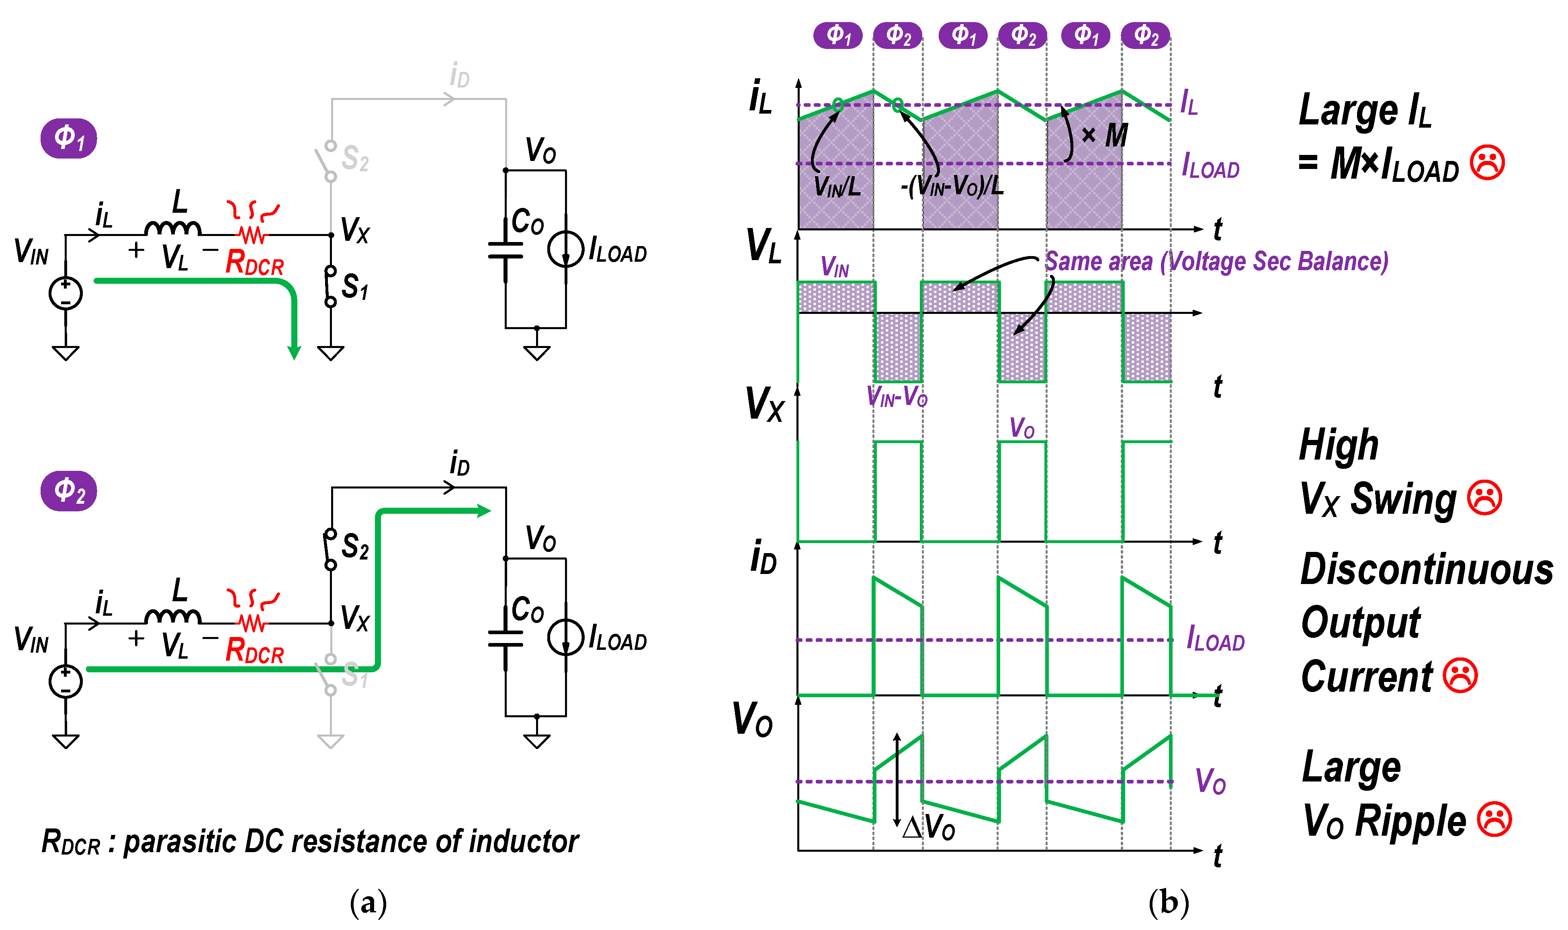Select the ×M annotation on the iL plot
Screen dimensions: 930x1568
pyautogui.click(x=1105, y=135)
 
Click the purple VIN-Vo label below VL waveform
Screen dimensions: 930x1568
pyautogui.click(x=897, y=397)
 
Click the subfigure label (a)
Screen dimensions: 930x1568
pyautogui.click(x=368, y=902)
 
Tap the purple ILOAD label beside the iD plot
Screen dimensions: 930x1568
pyautogui.click(x=1215, y=639)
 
